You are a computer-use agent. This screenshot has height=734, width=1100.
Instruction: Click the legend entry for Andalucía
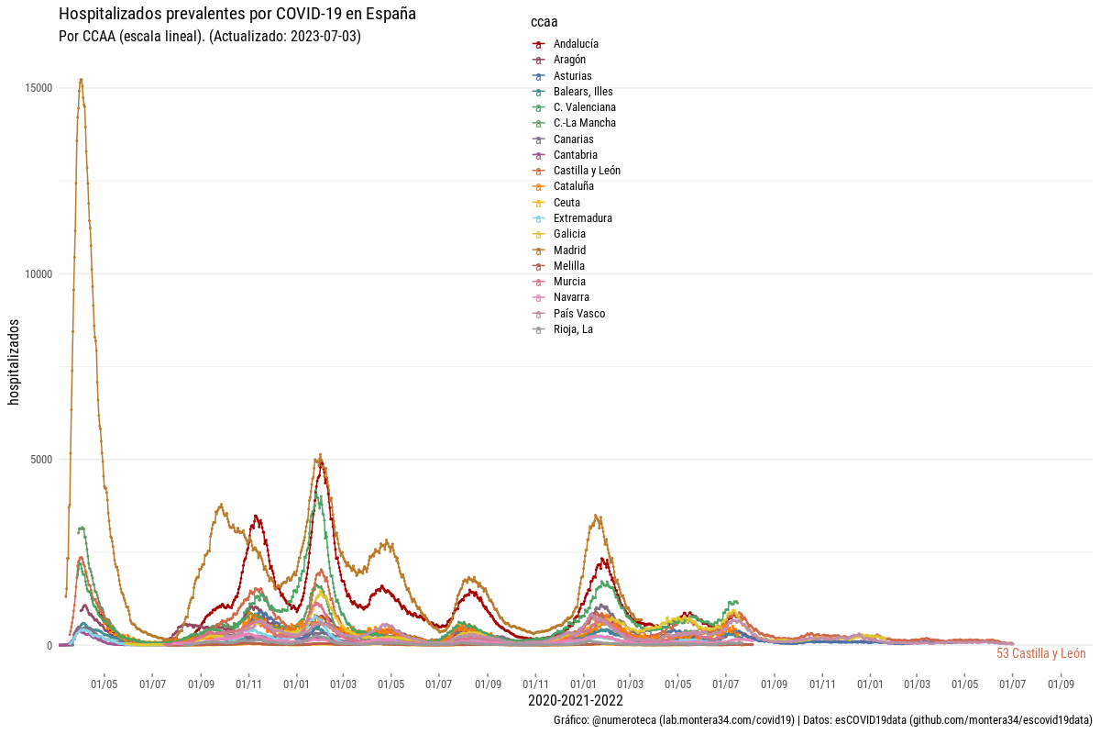(576, 44)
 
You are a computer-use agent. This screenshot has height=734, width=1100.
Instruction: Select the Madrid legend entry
(569, 250)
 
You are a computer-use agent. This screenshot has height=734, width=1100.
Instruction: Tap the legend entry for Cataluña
(574, 186)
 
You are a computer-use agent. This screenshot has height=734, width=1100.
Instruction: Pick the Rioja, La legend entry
(573, 329)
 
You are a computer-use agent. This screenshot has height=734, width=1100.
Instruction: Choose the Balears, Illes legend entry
(583, 92)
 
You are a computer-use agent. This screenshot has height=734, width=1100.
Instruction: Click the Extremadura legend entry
(582, 218)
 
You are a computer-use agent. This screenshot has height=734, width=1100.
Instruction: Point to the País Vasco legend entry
(578, 314)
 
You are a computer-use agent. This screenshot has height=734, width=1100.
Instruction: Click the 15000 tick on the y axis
(38, 88)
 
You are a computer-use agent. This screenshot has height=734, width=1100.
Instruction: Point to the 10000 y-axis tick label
(38, 274)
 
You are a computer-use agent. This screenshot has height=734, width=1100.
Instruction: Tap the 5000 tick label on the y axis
(40, 460)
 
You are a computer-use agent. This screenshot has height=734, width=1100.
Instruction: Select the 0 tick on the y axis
(49, 645)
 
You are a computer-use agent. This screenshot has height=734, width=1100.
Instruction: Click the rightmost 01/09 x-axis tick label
(1061, 684)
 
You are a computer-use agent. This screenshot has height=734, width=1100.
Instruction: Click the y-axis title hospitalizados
(14, 361)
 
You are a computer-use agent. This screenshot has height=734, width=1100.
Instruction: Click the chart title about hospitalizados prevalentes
(236, 15)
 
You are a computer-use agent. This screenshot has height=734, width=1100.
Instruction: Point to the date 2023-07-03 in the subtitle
(328, 37)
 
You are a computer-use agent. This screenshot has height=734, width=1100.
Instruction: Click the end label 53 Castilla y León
(1040, 654)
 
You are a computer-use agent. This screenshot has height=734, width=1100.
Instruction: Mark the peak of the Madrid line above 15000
(81, 80)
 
